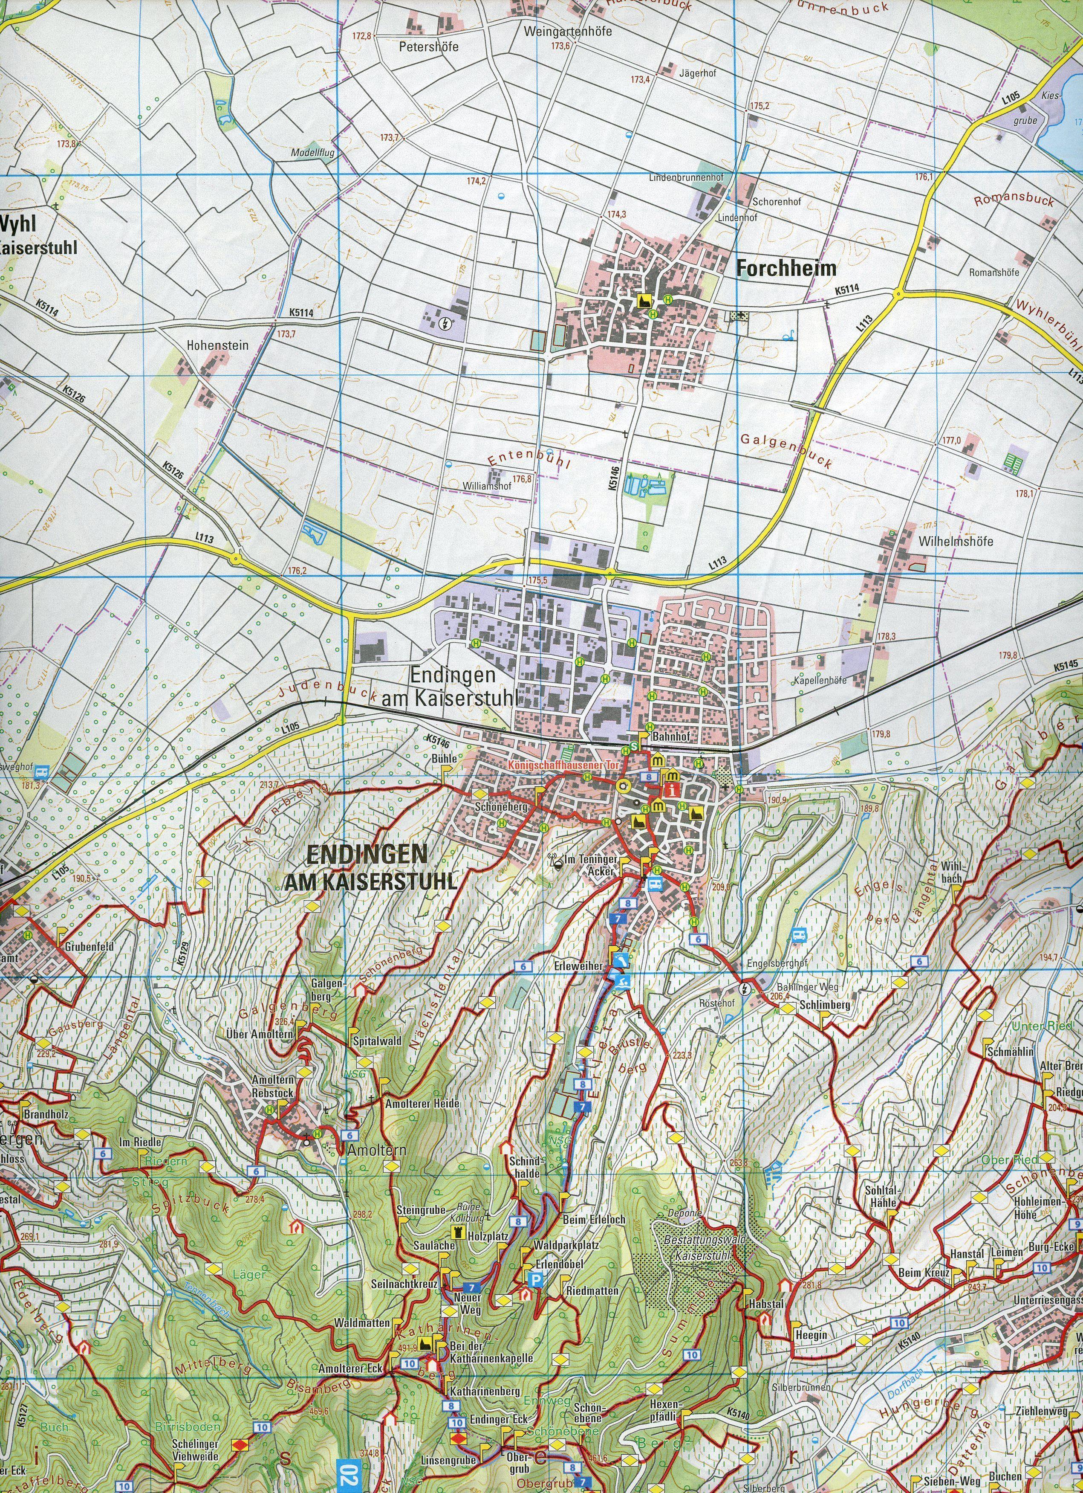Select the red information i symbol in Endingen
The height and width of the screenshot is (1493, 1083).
tap(672, 790)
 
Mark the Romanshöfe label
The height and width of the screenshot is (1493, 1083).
tap(993, 273)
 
